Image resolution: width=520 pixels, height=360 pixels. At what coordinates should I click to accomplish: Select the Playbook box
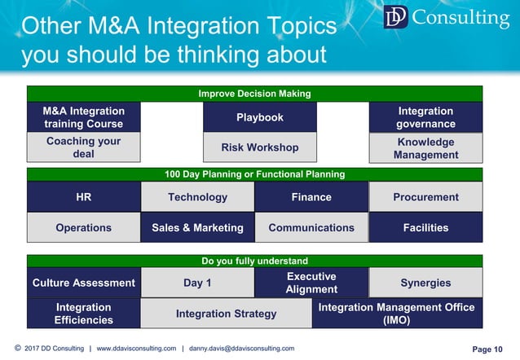(259, 117)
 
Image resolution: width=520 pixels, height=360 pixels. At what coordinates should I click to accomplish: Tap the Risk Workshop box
(259, 147)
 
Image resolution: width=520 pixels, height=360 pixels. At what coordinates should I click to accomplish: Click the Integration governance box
(425, 117)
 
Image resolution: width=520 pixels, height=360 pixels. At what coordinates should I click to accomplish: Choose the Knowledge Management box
(425, 148)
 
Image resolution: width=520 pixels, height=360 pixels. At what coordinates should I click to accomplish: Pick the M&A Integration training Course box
(83, 117)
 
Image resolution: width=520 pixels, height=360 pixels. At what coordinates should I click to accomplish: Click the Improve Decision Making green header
(254, 94)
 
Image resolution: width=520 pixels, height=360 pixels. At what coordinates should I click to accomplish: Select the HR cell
(83, 197)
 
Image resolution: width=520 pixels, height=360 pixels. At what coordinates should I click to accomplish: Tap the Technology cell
(197, 197)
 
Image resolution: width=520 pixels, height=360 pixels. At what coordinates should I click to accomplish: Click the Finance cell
(311, 197)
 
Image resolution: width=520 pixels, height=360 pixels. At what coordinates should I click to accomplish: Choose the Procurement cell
(425, 197)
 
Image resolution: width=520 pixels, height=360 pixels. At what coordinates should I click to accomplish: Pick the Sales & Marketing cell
(197, 228)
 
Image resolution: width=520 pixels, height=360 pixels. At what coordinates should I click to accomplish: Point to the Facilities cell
(425, 228)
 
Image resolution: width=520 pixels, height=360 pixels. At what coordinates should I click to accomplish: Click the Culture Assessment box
(83, 283)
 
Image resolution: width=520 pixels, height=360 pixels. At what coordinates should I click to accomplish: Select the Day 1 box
(197, 283)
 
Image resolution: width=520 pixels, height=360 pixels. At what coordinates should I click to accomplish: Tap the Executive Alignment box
(311, 283)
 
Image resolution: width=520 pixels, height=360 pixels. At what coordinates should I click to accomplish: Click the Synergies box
(425, 283)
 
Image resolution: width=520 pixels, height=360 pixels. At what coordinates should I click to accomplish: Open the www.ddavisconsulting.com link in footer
(136, 349)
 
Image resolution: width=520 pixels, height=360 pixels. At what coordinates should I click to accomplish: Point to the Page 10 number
(487, 349)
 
